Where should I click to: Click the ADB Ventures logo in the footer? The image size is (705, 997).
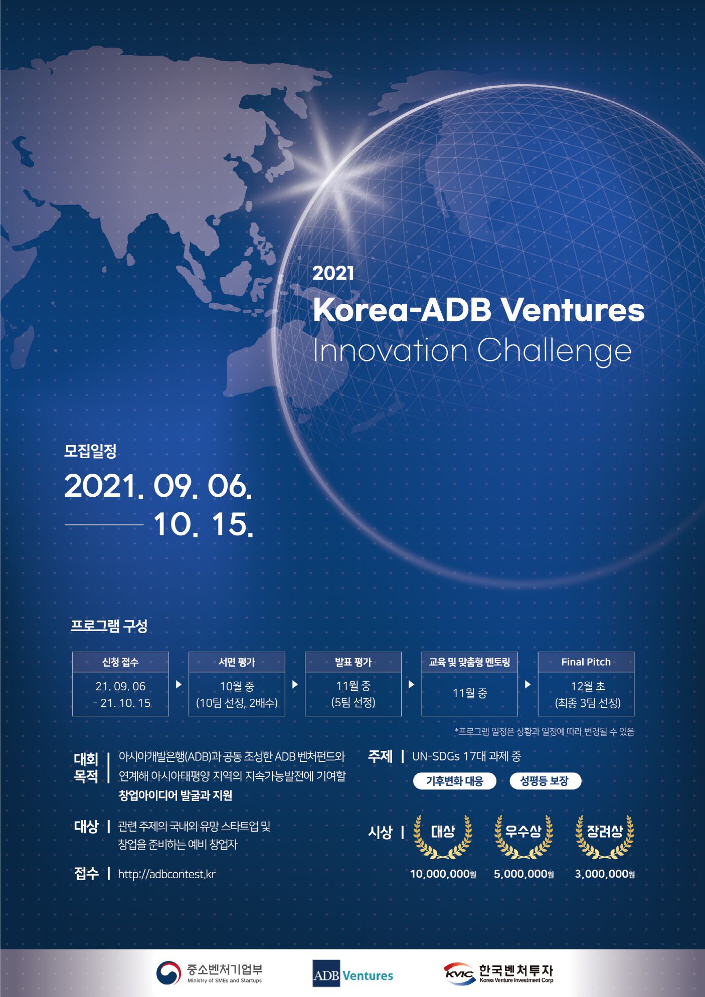pos(352,973)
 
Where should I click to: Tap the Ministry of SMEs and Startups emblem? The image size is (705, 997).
pos(168,972)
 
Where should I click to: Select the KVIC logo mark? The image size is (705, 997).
pos(459,973)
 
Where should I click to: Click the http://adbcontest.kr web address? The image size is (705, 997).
pos(166,874)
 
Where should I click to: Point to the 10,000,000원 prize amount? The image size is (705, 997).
pos(443,874)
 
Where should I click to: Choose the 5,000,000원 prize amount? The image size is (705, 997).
pos(523,874)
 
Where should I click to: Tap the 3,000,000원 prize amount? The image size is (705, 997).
pos(605,874)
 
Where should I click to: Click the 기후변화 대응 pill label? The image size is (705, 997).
pos(454,781)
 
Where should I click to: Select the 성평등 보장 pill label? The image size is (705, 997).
pos(545,781)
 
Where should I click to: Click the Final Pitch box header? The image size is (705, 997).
pos(586,662)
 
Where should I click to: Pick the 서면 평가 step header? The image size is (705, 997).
pos(237,662)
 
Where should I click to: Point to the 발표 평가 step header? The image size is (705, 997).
pos(353,662)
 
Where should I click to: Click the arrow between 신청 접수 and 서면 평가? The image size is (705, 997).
pos(179,684)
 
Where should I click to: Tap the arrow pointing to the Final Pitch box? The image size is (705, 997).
pos(527,684)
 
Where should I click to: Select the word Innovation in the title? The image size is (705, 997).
pos(390,350)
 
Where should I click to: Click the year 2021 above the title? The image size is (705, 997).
pos(333,273)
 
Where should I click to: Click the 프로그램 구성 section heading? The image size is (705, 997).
pos(109,626)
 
